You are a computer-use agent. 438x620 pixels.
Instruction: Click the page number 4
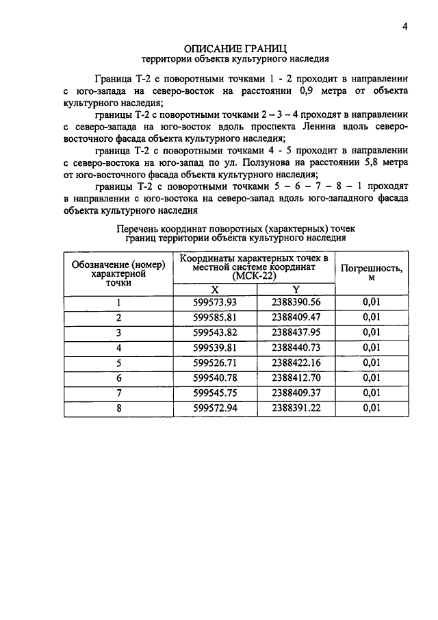pyautogui.click(x=405, y=27)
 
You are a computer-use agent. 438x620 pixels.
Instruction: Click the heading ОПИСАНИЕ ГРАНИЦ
pyautogui.click(x=235, y=48)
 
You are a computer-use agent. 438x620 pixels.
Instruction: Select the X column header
pyautogui.click(x=214, y=289)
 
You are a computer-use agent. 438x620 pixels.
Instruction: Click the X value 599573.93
pyautogui.click(x=214, y=302)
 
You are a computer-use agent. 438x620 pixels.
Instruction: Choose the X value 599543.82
pyautogui.click(x=214, y=332)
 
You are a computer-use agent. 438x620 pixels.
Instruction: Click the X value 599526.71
pyautogui.click(x=214, y=362)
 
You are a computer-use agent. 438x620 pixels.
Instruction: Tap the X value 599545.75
pyautogui.click(x=214, y=393)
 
